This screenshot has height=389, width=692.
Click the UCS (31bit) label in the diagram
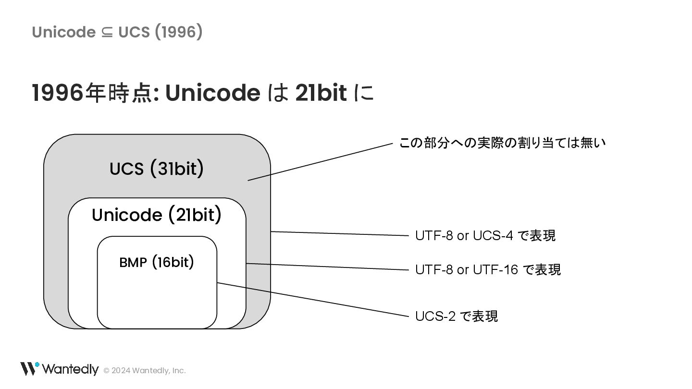pyautogui.click(x=157, y=169)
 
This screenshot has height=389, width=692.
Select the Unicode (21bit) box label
pyautogui.click(x=157, y=215)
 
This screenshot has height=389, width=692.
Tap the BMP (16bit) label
pyautogui.click(x=157, y=262)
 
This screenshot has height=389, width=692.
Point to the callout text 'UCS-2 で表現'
pyautogui.click(x=457, y=316)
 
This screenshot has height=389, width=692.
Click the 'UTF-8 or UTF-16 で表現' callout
pyautogui.click(x=488, y=269)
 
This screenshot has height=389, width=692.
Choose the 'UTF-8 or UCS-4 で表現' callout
pyautogui.click(x=485, y=236)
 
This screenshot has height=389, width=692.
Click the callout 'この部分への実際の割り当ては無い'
pyautogui.click(x=502, y=143)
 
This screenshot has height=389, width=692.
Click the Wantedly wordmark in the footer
pyautogui.click(x=70, y=369)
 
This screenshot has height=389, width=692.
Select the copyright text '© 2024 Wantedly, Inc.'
pyautogui.click(x=145, y=370)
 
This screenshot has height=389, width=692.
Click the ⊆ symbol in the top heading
pyautogui.click(x=107, y=32)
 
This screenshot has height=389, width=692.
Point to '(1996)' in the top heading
pyautogui.click(x=179, y=32)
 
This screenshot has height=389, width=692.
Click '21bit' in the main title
pyautogui.click(x=321, y=93)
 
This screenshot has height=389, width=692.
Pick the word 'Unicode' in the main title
pyautogui.click(x=212, y=93)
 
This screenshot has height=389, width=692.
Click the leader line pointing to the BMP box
pyautogui.click(x=312, y=300)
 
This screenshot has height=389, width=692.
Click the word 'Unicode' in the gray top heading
pyautogui.click(x=63, y=32)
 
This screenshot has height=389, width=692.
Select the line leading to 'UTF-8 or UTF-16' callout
pyautogui.click(x=327, y=267)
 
